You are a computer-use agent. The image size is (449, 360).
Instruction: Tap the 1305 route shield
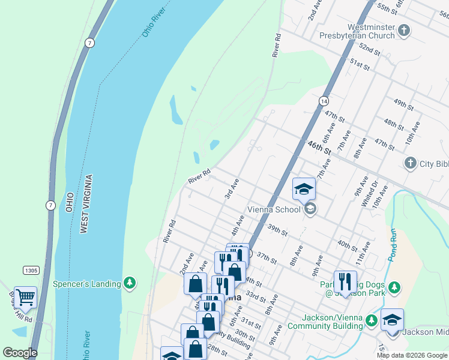[31, 271]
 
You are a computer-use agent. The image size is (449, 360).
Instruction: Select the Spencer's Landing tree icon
[129, 283]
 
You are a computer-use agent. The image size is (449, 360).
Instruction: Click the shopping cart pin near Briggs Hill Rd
[25, 296]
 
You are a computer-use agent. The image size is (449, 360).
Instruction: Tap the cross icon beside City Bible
[410, 163]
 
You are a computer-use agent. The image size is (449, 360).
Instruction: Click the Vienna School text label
[274, 210]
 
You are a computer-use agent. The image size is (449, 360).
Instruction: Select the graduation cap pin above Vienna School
[304, 189]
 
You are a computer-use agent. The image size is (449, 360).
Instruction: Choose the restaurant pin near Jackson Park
[345, 281]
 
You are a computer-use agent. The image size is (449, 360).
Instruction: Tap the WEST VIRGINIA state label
[87, 204]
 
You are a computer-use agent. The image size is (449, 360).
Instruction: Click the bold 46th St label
[319, 148]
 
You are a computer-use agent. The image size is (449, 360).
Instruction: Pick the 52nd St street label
[370, 49]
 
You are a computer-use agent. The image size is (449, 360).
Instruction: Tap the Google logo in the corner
[20, 353]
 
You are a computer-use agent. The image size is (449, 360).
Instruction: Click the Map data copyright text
[412, 355]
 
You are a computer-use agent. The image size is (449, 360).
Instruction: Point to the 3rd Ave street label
[232, 189]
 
